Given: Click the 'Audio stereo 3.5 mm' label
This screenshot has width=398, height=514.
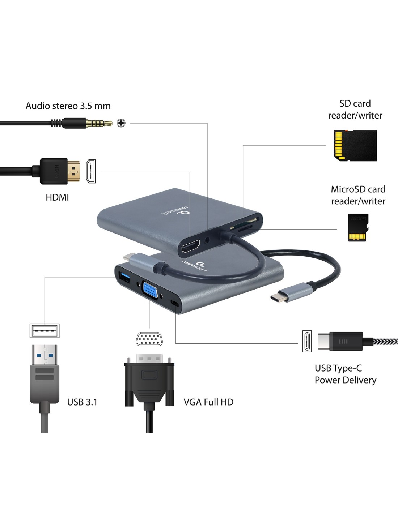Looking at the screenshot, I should point(68,106).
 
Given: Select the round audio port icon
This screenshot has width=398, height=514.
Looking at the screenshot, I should point(121,123).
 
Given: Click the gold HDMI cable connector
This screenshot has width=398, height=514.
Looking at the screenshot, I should point(73,171).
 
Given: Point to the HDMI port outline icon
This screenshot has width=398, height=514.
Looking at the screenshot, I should point(90,171).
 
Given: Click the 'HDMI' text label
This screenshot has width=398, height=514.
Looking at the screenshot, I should point(57,197).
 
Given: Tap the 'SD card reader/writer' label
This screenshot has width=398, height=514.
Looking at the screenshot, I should point(355,110).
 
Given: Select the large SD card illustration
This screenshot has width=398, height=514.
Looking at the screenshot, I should point(355,146).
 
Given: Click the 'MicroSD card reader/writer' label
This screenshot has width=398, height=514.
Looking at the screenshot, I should point(358,195).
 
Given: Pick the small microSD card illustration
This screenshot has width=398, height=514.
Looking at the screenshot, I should point(357,227).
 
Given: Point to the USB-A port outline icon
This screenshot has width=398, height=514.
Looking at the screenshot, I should point(44,330).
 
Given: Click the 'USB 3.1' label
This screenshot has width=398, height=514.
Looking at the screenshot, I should point(82,402).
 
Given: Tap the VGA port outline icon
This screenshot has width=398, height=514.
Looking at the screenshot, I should point(149,339).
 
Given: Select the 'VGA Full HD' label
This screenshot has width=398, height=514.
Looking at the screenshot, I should point(208,402).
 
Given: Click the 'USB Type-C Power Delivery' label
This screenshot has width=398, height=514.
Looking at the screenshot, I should point(345,374).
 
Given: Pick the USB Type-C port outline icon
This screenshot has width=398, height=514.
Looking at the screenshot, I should point(307,341).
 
